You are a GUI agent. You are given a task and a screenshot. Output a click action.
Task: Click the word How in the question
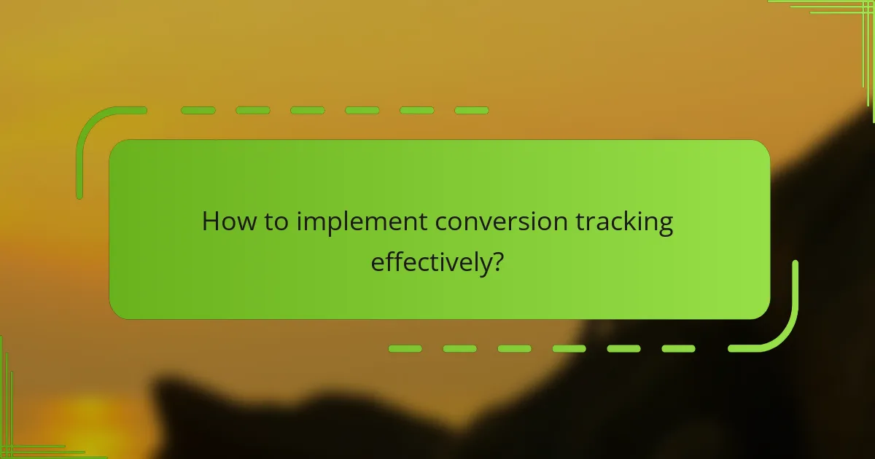pyautogui.click(x=225, y=221)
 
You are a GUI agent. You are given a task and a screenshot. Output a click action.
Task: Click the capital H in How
pyautogui.click(x=210, y=221)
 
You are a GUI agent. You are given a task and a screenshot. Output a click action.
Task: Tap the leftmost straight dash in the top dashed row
pyautogui.click(x=198, y=111)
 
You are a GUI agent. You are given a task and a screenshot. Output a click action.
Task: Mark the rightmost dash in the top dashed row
pyautogui.click(x=471, y=111)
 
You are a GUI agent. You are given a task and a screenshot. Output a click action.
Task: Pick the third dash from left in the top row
pyautogui.click(x=307, y=111)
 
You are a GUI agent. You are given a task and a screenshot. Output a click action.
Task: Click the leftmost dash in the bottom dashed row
pyautogui.click(x=405, y=349)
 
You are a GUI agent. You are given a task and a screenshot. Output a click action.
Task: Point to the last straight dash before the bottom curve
pyautogui.click(x=678, y=349)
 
